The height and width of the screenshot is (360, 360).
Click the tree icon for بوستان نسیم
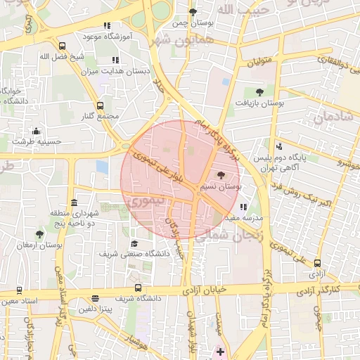click(221, 176)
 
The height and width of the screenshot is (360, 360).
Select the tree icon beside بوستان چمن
click(193, 12)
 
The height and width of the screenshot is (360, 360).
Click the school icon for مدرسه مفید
click(243, 207)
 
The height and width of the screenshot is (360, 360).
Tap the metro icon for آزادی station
click(317, 263)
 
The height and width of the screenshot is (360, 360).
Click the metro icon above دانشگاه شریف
click(138, 288)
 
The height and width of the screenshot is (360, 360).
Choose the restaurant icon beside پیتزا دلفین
click(96, 298)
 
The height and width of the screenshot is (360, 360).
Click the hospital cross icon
click(220, 351)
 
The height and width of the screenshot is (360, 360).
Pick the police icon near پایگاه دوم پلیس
click(279, 146)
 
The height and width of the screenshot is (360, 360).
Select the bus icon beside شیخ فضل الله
click(63, 46)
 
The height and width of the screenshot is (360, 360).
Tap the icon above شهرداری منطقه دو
click(74, 202)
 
